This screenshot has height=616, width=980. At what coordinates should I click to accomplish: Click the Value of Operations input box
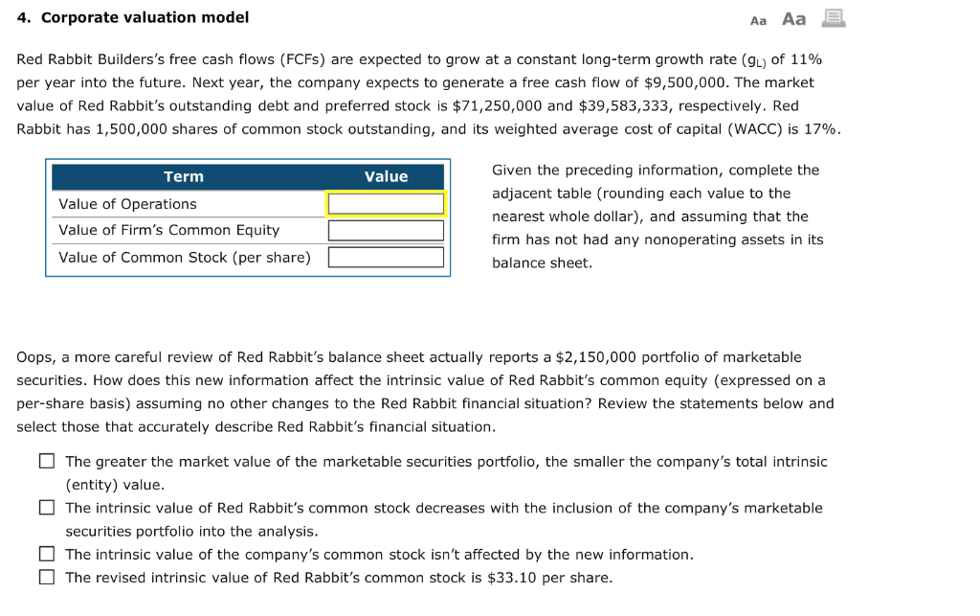(x=386, y=204)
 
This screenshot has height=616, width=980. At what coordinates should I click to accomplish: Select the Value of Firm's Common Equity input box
(x=386, y=231)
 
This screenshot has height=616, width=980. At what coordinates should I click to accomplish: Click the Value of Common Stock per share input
(x=386, y=257)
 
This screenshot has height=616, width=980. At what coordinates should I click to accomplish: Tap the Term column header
(x=184, y=176)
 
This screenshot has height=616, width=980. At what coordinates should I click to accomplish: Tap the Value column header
(x=386, y=176)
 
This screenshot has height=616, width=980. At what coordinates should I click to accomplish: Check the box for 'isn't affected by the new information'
(x=47, y=554)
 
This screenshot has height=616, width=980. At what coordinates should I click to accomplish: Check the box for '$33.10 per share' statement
(x=47, y=577)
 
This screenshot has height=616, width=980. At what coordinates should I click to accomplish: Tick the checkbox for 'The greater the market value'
(x=47, y=462)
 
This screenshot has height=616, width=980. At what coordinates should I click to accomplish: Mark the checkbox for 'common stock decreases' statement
(x=47, y=508)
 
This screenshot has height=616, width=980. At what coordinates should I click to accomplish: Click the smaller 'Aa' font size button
(x=759, y=20)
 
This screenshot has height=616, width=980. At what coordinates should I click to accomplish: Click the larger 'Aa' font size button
(x=794, y=19)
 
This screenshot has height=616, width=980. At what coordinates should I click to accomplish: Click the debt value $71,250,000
(x=493, y=105)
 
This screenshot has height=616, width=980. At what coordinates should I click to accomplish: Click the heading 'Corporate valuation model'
(x=145, y=17)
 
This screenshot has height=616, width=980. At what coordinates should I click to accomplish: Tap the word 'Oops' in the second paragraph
(x=34, y=357)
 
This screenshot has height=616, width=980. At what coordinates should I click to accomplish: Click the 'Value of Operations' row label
(x=127, y=204)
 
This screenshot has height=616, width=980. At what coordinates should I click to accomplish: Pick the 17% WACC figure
(x=822, y=128)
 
